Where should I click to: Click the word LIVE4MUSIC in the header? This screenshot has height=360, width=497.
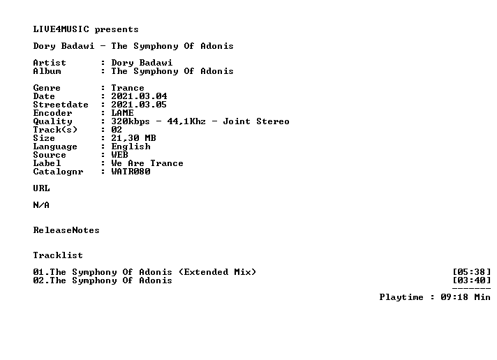point(61,29)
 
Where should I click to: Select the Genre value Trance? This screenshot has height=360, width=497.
point(128,88)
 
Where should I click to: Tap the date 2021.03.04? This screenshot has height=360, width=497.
point(139,96)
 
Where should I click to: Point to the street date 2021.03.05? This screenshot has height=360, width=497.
point(139,105)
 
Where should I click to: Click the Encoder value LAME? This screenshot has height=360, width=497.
point(122,113)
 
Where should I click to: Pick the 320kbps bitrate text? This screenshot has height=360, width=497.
point(131,121)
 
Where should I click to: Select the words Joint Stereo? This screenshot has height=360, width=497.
point(256,121)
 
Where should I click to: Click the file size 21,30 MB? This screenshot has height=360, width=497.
point(133,138)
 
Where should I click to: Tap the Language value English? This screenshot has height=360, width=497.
point(131,147)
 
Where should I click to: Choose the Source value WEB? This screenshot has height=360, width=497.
point(120,155)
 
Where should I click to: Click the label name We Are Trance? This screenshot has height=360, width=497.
point(147,163)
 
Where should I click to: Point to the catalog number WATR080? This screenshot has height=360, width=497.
point(131,172)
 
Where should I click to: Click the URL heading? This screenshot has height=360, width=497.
point(41,188)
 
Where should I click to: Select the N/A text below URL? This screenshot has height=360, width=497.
point(41,205)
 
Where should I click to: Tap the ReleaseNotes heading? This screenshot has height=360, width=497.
point(66,230)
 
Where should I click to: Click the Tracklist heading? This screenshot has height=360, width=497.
point(58,255)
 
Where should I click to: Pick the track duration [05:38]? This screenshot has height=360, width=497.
point(472,272)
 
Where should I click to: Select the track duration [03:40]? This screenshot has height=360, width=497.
point(472,280)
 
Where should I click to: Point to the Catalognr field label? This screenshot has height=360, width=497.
point(59,172)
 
